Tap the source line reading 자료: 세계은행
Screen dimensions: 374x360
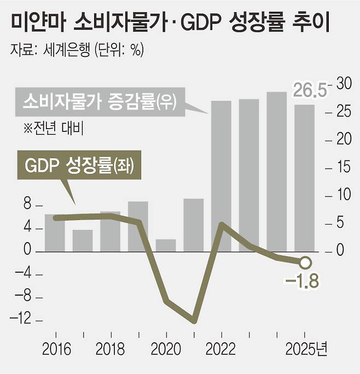[x=77, y=51]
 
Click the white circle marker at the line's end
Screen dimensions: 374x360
[x=305, y=262]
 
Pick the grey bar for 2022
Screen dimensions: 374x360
[x=221, y=175]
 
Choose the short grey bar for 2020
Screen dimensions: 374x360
[x=165, y=245]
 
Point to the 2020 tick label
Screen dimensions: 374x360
[x=165, y=349]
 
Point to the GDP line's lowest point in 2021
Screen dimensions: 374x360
[x=194, y=320]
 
